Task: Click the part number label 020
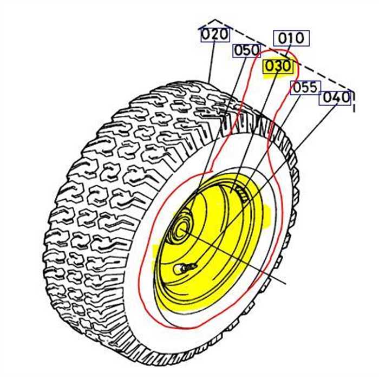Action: point(214,35)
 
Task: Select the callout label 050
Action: point(247,50)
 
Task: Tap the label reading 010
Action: point(292,38)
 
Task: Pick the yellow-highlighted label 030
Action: point(277,67)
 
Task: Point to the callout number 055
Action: point(305,88)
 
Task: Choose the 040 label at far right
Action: point(336,97)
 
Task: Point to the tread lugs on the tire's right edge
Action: point(292,179)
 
